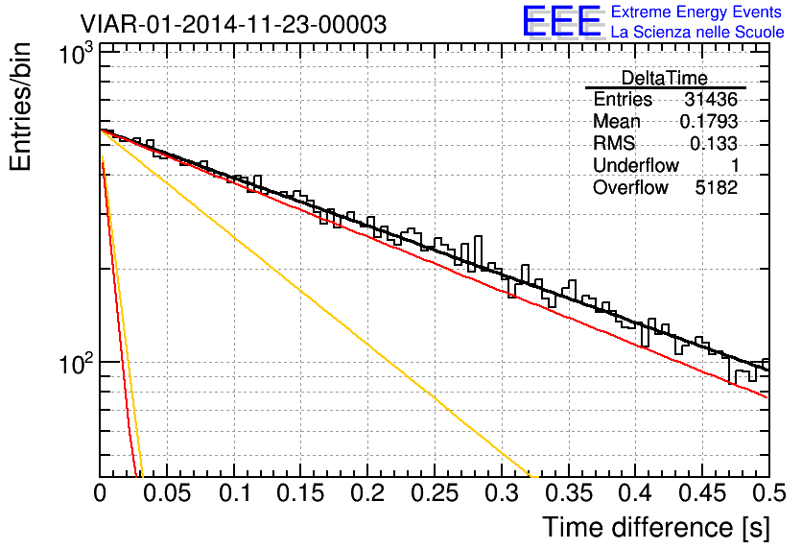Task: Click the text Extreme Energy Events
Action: point(696,12)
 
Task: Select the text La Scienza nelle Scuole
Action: point(697,33)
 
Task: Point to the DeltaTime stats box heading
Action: point(665,78)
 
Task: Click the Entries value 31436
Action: point(710,100)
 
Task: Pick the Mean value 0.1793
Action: point(708,122)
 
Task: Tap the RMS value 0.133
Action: point(714,144)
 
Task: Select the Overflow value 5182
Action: point(716,188)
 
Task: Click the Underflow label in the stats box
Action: point(636,166)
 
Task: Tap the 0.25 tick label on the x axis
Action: point(435,494)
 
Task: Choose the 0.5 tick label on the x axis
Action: point(767,494)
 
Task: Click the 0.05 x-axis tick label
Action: point(167,494)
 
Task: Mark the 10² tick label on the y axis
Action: point(71,365)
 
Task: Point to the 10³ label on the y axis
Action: point(71,55)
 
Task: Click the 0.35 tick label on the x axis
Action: point(568,494)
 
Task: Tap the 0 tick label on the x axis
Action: point(101,494)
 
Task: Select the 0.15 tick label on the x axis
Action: point(301,494)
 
